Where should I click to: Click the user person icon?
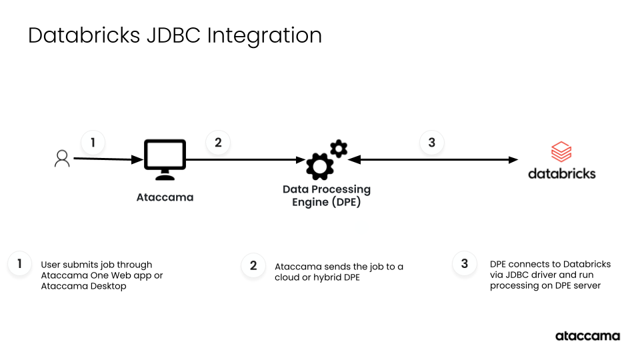[x=62, y=159]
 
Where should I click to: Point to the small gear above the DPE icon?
[x=339, y=148]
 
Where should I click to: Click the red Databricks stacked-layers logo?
[x=561, y=152]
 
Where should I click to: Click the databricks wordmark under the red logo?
[x=561, y=173]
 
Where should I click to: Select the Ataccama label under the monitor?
[x=165, y=197]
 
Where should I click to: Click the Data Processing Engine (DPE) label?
[x=327, y=195]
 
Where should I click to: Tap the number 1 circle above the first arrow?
[x=93, y=143]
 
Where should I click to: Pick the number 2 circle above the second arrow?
[x=218, y=143]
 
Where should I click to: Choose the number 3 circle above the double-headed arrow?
[x=432, y=143]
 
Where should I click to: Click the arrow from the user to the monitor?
[x=107, y=159]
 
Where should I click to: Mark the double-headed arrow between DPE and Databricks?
[x=433, y=160]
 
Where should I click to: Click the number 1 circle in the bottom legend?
[x=20, y=264]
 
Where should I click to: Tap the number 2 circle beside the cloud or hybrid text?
[x=253, y=266]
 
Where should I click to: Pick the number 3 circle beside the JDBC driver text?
[x=465, y=263]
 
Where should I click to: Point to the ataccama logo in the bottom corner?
[x=587, y=336]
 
